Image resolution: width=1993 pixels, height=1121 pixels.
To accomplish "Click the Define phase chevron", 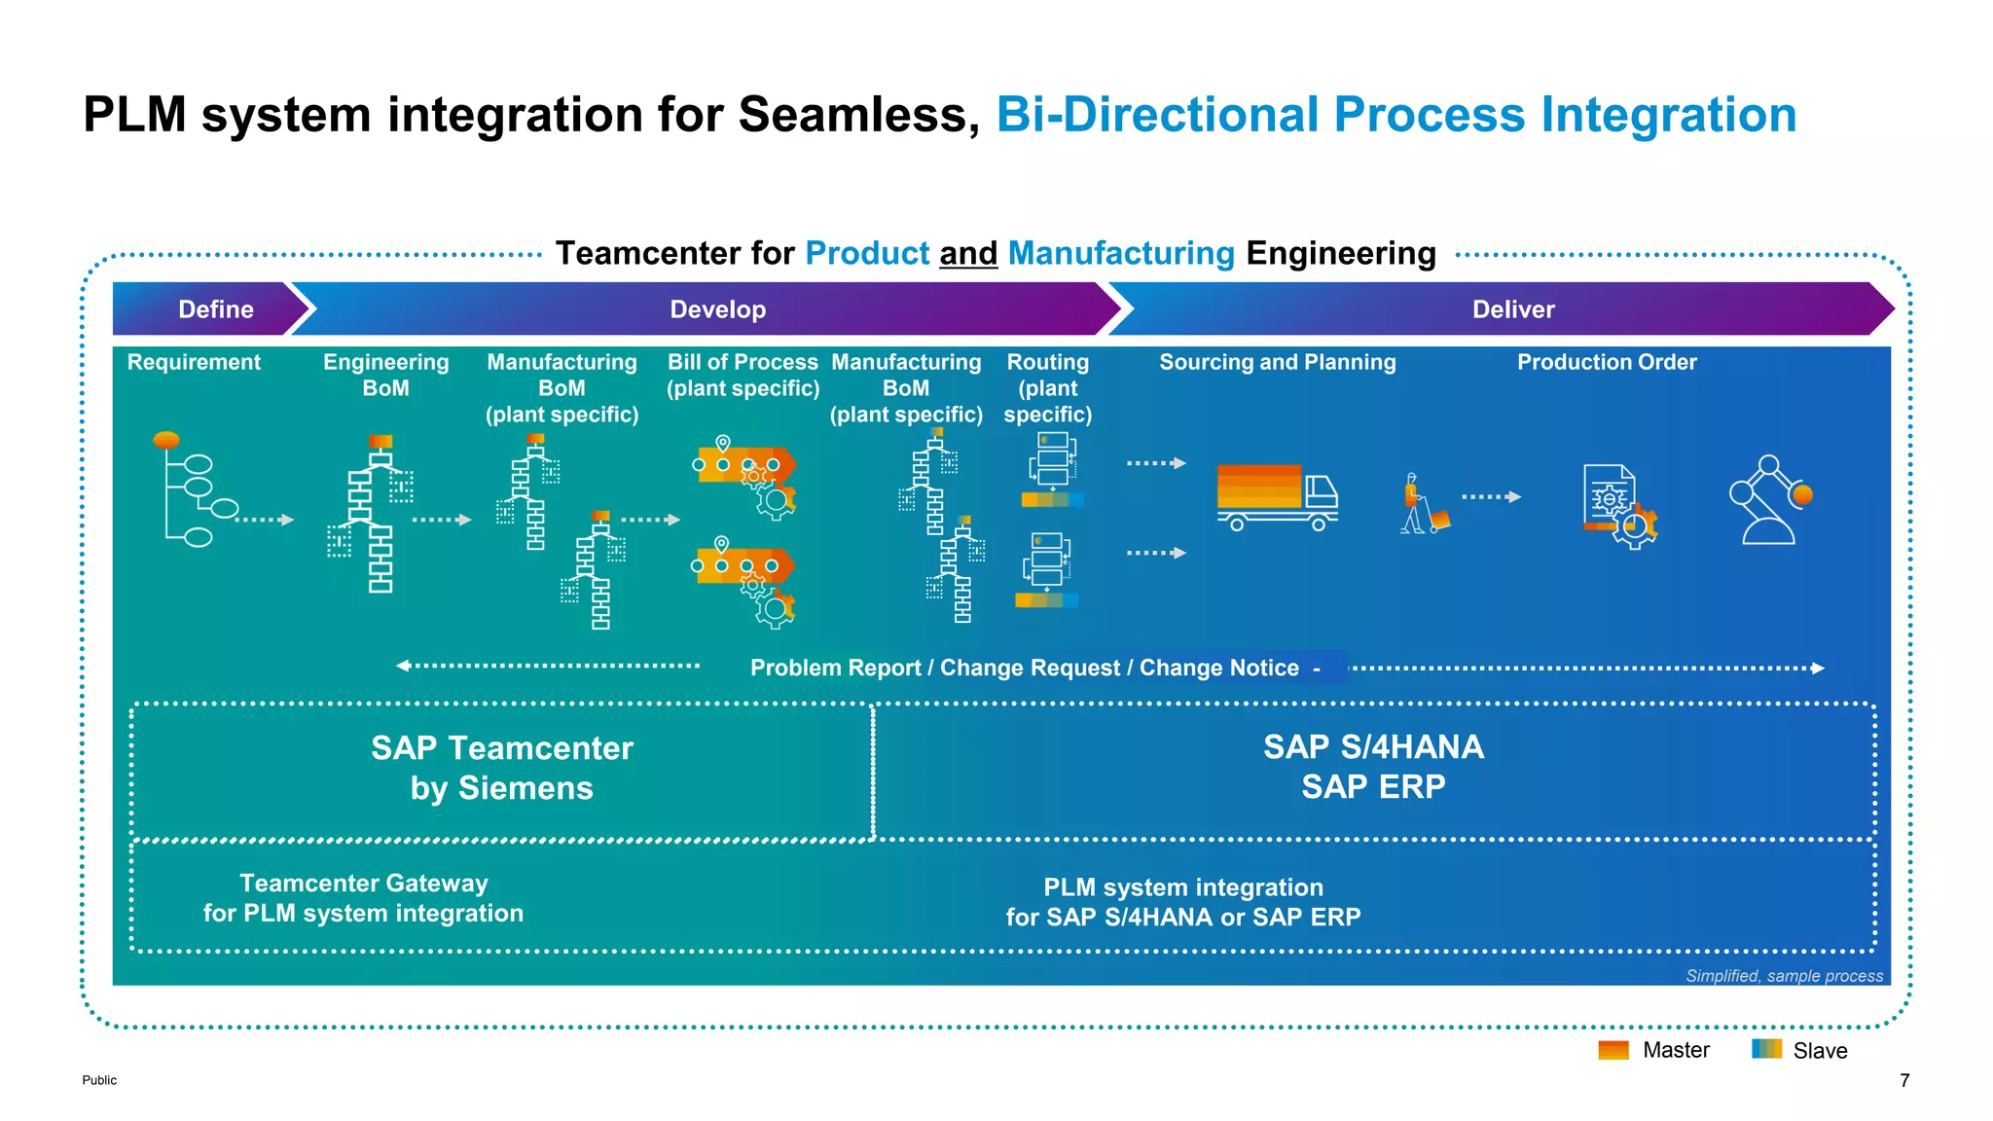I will click(x=215, y=309).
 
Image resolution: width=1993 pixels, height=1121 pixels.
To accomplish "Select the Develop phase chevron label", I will click(x=717, y=309).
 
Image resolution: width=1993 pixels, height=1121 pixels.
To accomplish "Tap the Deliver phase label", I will click(x=1512, y=309).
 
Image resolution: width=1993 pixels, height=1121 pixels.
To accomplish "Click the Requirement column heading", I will click(x=194, y=362).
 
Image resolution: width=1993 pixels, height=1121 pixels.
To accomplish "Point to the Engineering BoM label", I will click(x=385, y=375).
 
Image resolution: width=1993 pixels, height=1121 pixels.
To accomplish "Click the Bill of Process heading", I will click(x=743, y=375).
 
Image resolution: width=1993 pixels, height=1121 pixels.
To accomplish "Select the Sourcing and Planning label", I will click(x=1277, y=362).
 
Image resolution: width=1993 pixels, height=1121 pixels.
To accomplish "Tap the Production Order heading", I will click(x=1606, y=362).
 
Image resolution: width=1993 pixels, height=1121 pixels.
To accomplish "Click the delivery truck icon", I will click(x=1277, y=497).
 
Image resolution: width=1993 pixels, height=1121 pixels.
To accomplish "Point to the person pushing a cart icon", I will click(x=1423, y=504).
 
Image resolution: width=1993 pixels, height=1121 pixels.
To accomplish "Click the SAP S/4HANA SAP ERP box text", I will click(x=1372, y=767).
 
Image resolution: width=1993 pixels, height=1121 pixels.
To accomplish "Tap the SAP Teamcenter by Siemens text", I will click(x=501, y=768).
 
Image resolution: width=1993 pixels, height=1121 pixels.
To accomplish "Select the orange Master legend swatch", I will click(x=1613, y=1050).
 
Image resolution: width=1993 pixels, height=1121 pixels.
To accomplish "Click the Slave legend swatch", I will click(x=1765, y=1049).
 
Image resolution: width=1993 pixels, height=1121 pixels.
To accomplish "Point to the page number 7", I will click(x=1903, y=1080).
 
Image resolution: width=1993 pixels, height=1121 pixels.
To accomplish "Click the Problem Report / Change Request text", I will click(x=1024, y=668).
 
